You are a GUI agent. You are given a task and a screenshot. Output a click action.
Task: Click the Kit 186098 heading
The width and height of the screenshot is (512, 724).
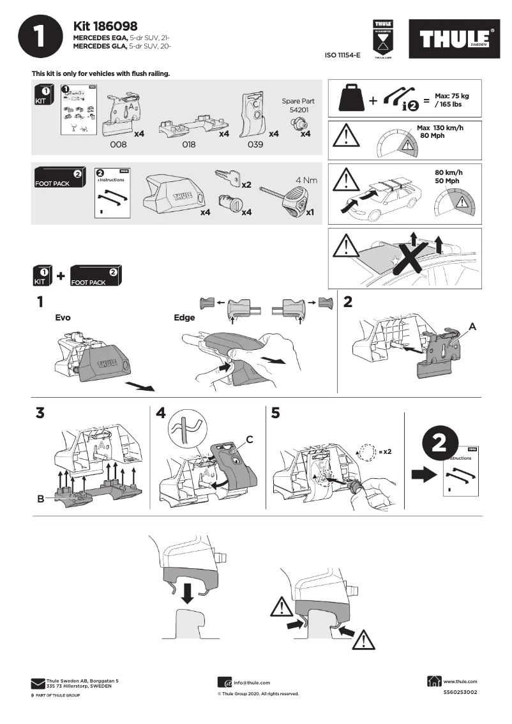[107, 26]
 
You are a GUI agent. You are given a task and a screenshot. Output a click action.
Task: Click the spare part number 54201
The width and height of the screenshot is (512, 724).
[297, 110]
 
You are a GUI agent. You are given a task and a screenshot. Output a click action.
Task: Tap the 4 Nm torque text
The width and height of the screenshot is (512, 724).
[306, 180]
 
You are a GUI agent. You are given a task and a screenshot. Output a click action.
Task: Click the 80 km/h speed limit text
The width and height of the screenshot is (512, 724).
[448, 172]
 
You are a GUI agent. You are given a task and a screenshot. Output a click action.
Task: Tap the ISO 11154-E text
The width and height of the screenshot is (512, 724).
[343, 56]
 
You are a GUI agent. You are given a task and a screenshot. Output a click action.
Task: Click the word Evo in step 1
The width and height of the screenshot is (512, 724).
[63, 317]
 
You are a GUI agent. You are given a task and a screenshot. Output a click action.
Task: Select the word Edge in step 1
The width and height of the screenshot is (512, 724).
[184, 317]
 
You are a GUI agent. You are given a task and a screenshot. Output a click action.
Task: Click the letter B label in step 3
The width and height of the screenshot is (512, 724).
[40, 499]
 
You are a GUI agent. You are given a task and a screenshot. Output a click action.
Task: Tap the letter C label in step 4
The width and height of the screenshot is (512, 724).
[250, 439]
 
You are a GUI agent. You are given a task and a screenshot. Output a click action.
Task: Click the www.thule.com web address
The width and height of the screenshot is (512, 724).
[460, 682]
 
